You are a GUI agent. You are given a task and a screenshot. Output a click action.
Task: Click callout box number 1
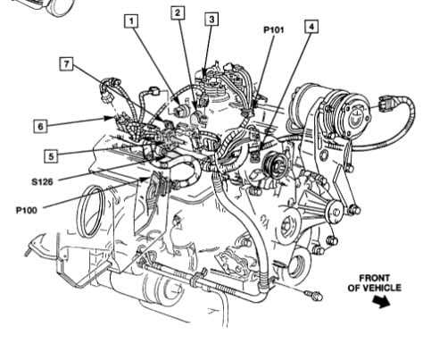tap(132, 20)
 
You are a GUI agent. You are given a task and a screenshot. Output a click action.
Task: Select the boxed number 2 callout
tap(178, 13)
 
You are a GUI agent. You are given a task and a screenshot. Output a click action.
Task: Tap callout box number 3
tap(211, 18)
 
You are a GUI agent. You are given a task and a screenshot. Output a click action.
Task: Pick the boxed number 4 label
tap(310, 26)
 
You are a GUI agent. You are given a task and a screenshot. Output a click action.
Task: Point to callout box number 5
tap(51, 155)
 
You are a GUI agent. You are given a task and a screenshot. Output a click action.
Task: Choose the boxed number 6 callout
tap(40, 126)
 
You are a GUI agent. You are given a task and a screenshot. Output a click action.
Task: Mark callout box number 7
tap(66, 63)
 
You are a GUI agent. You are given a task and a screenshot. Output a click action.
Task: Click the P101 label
tap(274, 29)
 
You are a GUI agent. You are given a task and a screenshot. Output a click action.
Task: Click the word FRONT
tap(380, 277)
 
